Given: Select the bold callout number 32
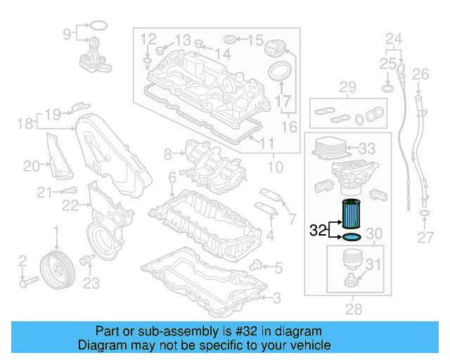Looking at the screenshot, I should [x=317, y=229].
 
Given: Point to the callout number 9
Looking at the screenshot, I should [x=67, y=33].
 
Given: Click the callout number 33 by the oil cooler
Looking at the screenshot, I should [x=367, y=149].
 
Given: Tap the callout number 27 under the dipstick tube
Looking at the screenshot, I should [x=425, y=238].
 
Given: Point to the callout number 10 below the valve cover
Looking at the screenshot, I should [x=275, y=167].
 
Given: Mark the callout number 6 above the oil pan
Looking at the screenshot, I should [x=172, y=179].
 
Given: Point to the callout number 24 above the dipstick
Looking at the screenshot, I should [x=394, y=38].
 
